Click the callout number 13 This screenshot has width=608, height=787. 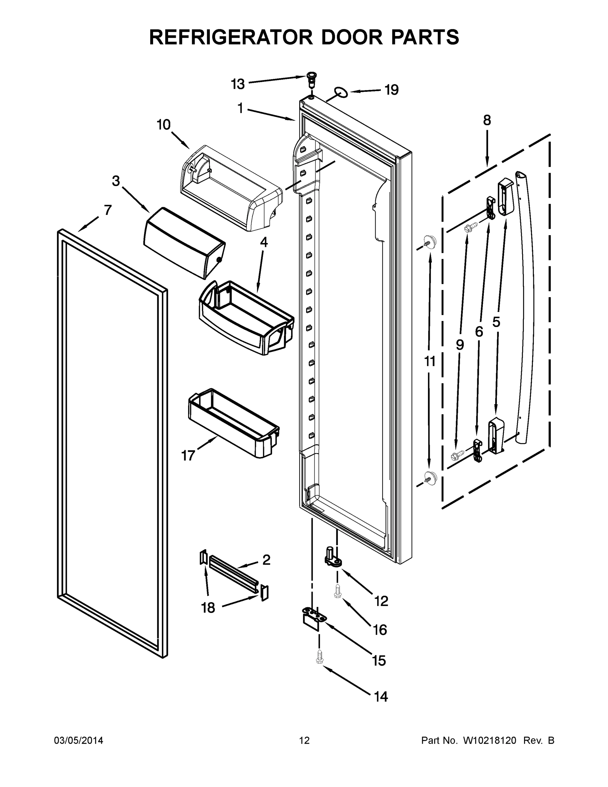238,84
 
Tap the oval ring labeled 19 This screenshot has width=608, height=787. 341,92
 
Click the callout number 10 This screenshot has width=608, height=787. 164,125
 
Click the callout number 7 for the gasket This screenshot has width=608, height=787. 108,210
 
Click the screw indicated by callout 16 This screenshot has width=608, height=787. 338,591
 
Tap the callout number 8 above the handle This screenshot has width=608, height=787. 487,120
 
